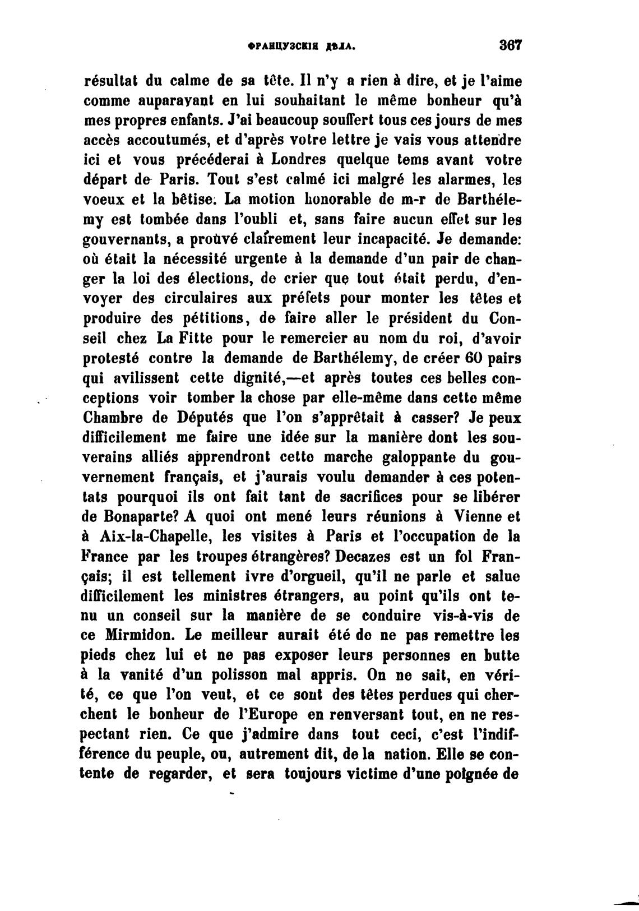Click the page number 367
tap(510, 45)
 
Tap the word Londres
tap(298, 160)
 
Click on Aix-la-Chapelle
tap(155, 537)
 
